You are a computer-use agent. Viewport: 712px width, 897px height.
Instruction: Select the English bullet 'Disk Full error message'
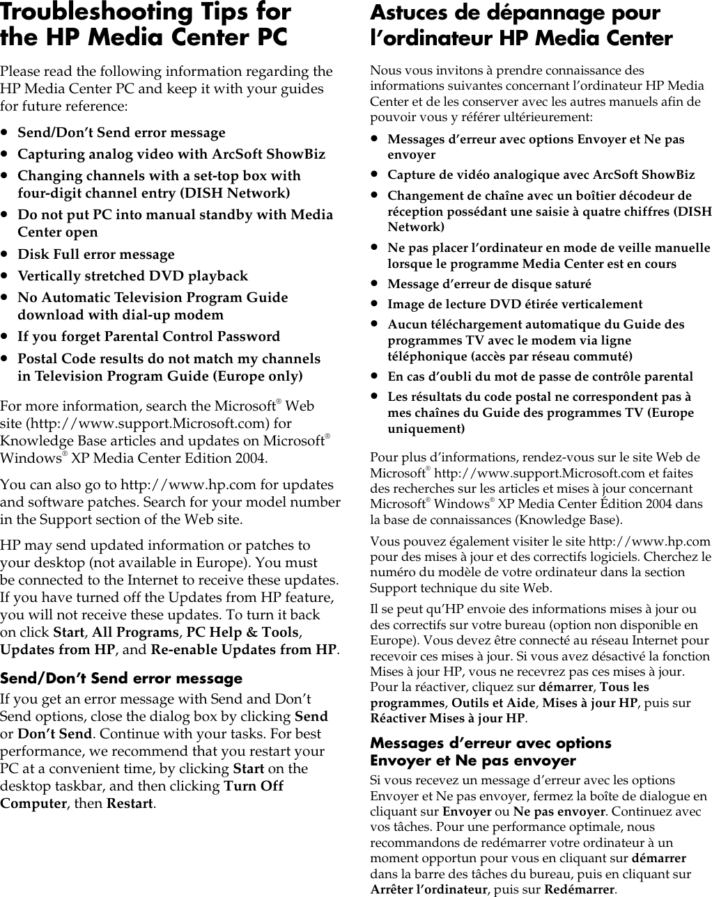96,254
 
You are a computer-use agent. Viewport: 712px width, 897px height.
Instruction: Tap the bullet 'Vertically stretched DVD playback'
132,276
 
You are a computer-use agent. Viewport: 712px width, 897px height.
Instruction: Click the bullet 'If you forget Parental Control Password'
148,336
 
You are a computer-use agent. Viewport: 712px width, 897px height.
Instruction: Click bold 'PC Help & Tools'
242,633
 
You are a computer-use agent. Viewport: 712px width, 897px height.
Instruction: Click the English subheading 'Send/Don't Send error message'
121,678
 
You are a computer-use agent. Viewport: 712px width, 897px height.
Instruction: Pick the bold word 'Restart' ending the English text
130,804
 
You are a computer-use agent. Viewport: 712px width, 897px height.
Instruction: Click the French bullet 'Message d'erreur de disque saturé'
489,284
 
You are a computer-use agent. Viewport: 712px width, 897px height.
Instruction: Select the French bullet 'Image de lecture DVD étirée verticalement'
515,304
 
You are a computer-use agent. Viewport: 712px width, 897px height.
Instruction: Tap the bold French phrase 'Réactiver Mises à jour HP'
447,719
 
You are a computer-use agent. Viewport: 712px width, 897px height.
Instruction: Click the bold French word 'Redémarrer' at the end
579,890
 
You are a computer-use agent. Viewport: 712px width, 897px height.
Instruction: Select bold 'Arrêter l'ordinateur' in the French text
428,890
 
